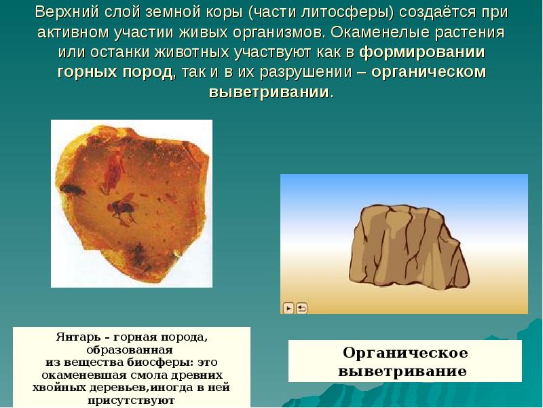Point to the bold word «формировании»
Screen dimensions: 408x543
click(422, 52)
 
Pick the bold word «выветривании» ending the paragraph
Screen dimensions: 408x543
click(269, 92)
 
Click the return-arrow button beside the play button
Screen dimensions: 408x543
click(301, 308)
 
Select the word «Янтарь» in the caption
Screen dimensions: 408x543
click(75, 337)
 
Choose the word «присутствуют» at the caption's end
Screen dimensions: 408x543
click(132, 401)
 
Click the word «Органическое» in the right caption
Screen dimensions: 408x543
click(405, 354)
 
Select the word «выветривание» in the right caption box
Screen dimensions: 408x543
click(402, 372)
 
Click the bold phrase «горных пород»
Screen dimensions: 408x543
click(115, 72)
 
